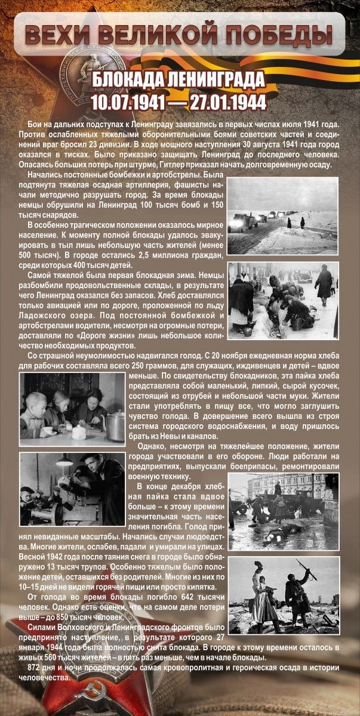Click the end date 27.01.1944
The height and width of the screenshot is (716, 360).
[x=228, y=102]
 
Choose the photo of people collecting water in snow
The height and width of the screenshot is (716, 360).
[x=282, y=300]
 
